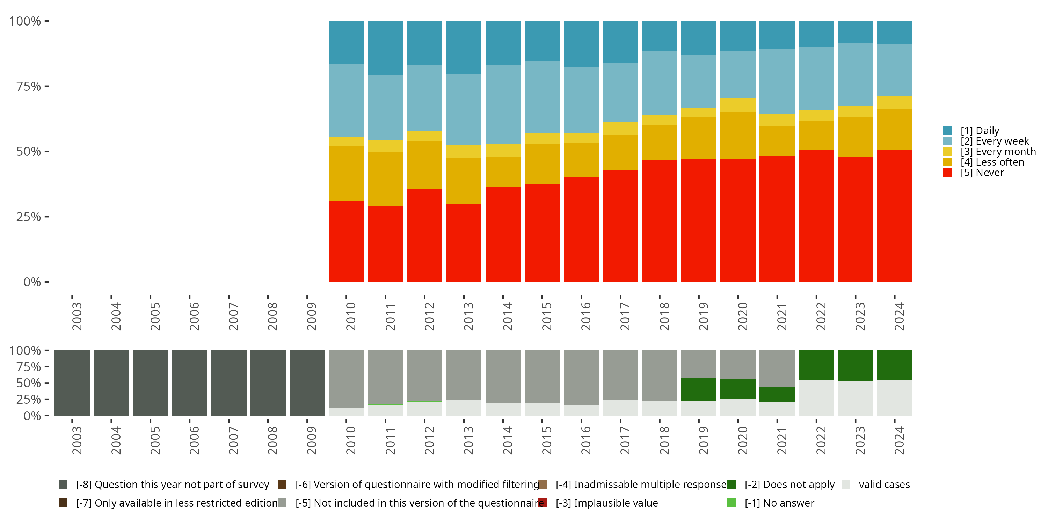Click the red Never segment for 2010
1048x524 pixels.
click(346, 241)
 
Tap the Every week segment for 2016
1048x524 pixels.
click(581, 100)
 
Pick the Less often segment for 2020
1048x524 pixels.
click(737, 135)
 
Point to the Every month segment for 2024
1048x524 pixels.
click(894, 102)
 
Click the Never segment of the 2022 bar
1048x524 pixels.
click(816, 216)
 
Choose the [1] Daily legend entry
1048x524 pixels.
click(979, 131)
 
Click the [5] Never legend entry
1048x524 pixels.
click(982, 173)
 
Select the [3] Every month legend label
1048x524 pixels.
click(998, 152)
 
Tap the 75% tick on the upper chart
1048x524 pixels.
click(29, 86)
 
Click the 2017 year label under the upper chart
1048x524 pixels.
click(625, 316)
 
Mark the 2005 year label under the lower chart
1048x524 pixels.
click(155, 440)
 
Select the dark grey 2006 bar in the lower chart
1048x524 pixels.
click(190, 383)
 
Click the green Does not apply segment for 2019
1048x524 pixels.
click(699, 390)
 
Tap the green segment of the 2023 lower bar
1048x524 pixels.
click(855, 365)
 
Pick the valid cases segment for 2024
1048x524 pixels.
click(894, 398)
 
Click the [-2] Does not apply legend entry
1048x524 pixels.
click(789, 485)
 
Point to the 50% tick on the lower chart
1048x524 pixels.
click(29, 383)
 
